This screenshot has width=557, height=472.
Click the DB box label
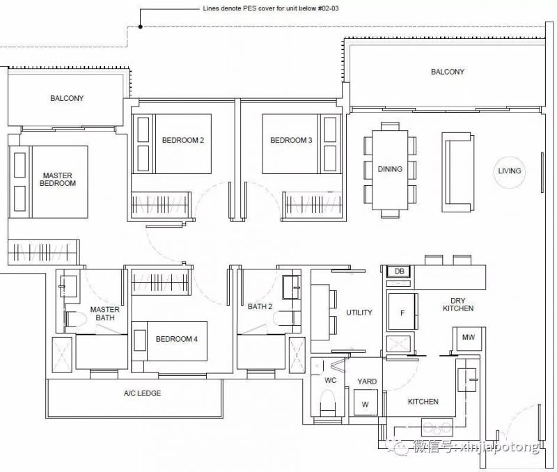[x=399, y=272]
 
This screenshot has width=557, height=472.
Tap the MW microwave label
[x=468, y=337]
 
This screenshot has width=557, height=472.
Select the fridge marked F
[x=402, y=311]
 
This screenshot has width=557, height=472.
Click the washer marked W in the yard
[x=365, y=402]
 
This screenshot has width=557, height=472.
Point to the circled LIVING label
[x=510, y=171]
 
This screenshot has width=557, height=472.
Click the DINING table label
[x=390, y=169]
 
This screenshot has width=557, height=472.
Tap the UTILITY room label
[x=359, y=313]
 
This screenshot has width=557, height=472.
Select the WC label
[x=330, y=380]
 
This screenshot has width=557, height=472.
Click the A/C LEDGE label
[x=142, y=393]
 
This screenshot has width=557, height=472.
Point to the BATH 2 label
[x=260, y=306]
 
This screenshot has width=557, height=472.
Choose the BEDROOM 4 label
[x=177, y=339]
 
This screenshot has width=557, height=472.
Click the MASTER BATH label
[x=105, y=313]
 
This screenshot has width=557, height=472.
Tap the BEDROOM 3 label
[x=291, y=141]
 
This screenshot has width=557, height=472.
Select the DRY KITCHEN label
[x=458, y=304]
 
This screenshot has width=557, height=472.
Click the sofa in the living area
[x=457, y=172]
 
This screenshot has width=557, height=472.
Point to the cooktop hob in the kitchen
[x=437, y=427]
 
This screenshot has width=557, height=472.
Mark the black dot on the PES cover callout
[x=141, y=26]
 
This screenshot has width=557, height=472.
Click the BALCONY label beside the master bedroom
[x=67, y=98]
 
